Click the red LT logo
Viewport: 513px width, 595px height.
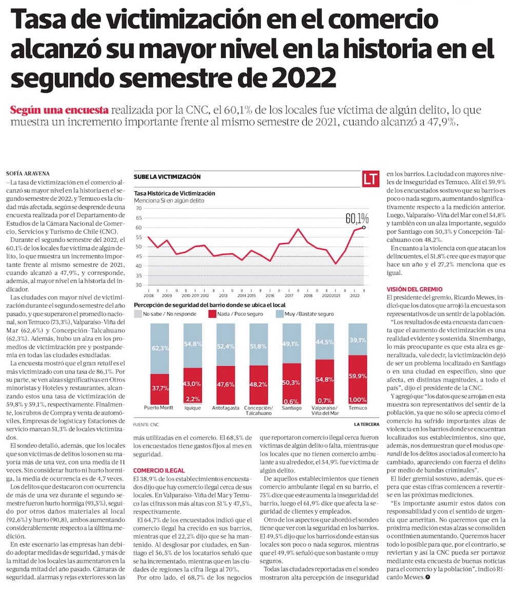[370, 179]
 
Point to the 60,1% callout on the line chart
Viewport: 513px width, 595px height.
[357, 218]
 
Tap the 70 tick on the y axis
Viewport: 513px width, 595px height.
[139, 208]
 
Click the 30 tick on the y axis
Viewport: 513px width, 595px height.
[139, 285]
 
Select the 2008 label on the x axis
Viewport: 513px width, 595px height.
[149, 295]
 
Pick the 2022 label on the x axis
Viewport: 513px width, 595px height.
[355, 295]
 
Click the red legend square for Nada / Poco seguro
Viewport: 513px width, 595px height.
[212, 314]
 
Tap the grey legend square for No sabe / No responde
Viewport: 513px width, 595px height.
[137, 314]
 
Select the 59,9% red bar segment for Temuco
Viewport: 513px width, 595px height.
[358, 375]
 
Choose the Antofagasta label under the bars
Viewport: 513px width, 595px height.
[226, 408]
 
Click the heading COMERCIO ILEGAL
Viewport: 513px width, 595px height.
[159, 470]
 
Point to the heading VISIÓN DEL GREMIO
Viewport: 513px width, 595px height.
[415, 289]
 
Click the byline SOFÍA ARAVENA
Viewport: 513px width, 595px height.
[28, 173]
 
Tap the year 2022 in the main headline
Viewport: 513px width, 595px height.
[304, 77]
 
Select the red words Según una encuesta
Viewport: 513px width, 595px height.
[59, 110]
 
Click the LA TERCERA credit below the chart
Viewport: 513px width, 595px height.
[366, 424]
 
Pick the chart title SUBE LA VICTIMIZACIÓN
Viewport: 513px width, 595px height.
[167, 177]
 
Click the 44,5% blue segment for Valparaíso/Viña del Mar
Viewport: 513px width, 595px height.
[324, 342]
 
